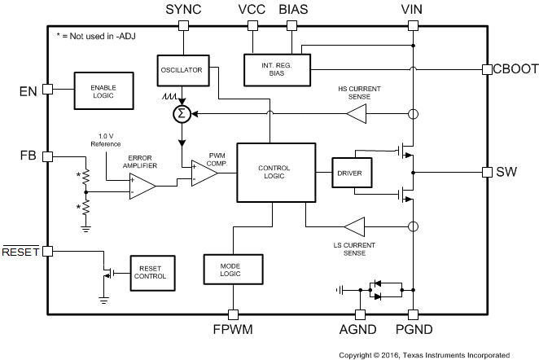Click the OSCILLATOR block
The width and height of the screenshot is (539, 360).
point(180,69)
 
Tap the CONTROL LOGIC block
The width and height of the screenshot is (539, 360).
point(274,172)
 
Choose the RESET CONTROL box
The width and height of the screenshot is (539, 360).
point(152,272)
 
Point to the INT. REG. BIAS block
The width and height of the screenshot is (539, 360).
point(278,69)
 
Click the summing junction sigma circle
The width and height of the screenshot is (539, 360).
point(181,113)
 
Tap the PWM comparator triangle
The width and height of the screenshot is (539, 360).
point(204,172)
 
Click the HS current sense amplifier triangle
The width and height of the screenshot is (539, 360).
point(355,114)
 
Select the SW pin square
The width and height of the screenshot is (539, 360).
point(486,172)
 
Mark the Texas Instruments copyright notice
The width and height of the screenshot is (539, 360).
point(424,354)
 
